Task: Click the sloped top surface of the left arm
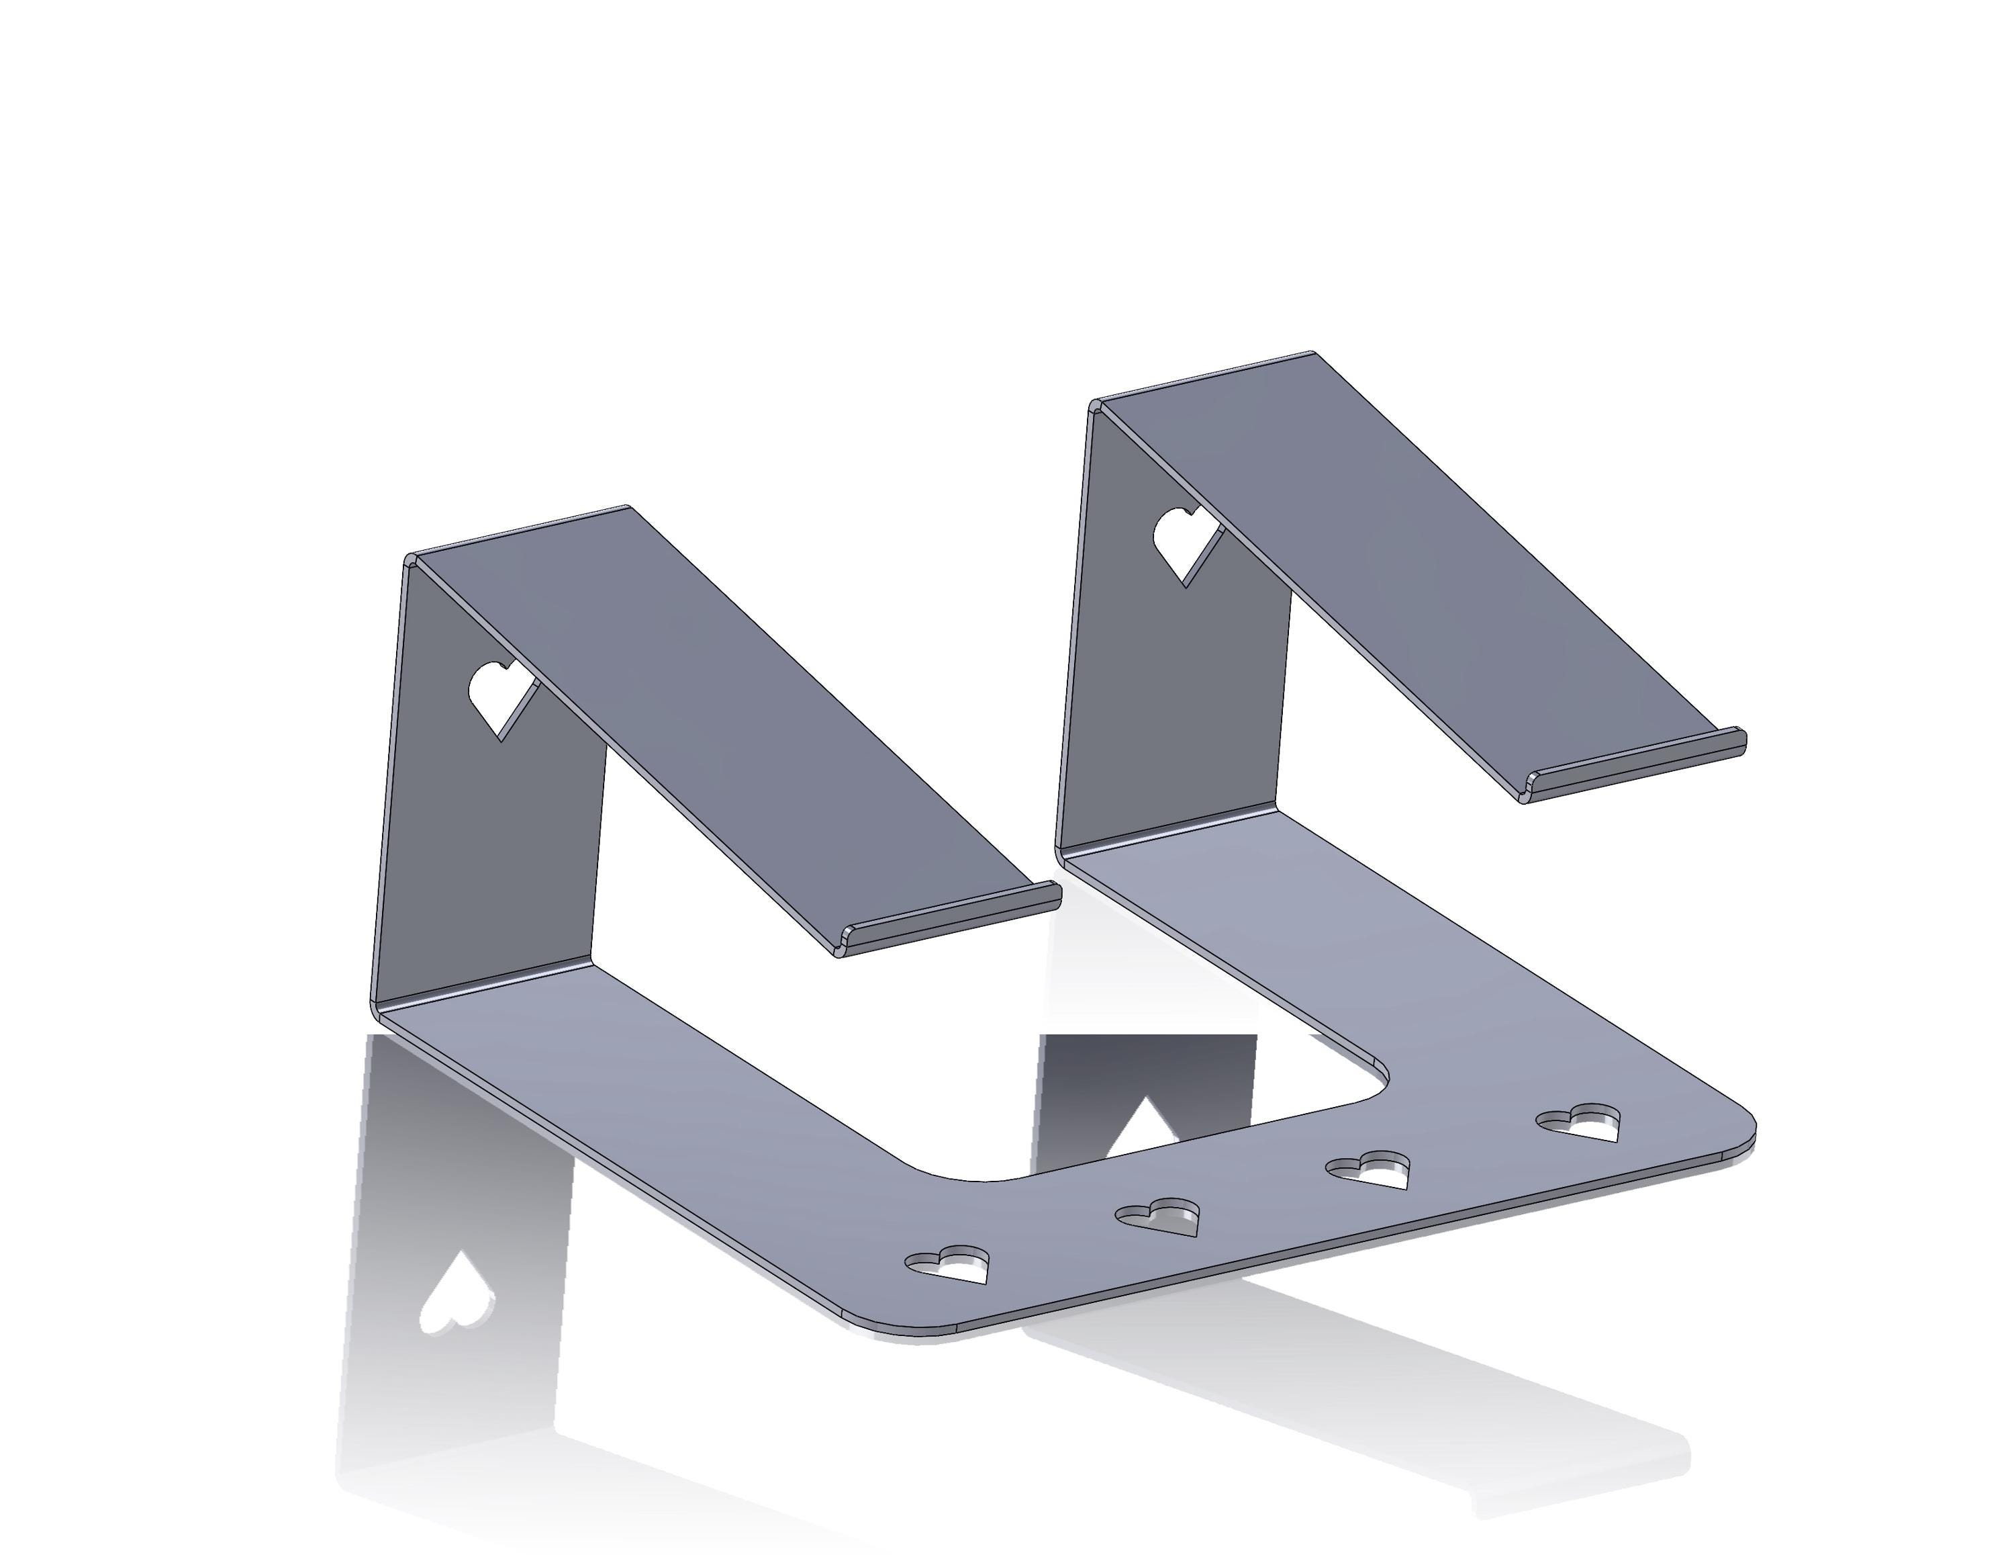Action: click(719, 719)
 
